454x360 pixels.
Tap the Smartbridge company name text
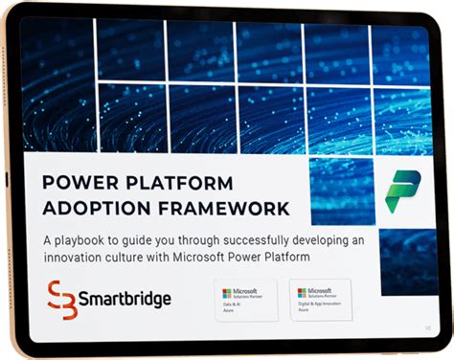tap(126, 300)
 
